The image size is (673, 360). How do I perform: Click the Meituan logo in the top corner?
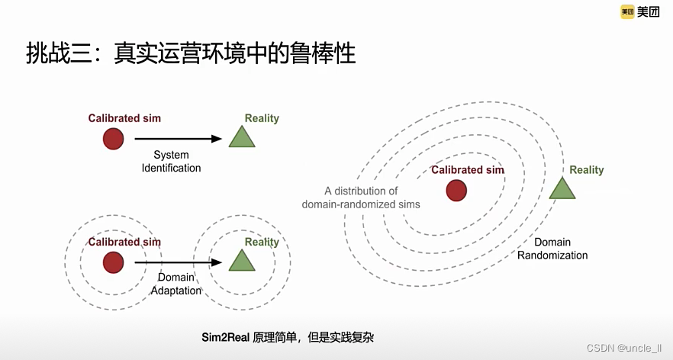[639, 11]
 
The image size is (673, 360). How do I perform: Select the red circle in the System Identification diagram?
[113, 139]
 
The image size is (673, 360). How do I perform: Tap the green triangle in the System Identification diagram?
[242, 137]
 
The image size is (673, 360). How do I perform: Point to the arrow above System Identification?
[178, 139]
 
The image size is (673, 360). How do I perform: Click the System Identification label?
[172, 162]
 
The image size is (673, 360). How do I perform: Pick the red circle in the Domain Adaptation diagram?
[113, 262]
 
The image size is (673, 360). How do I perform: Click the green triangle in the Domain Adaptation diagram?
[242, 261]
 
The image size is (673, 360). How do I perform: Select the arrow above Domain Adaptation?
[178, 262]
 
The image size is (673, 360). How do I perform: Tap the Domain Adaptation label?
[176, 284]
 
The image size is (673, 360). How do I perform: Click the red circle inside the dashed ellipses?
[456, 191]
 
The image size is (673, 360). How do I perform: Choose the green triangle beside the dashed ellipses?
[562, 190]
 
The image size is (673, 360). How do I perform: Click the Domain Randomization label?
[552, 249]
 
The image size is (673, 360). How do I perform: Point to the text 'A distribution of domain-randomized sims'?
[361, 198]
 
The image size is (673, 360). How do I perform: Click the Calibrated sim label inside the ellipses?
[468, 170]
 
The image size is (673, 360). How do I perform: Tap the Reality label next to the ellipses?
[586, 170]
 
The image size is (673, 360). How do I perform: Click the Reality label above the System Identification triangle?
[262, 118]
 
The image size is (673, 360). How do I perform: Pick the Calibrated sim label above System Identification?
[124, 118]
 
